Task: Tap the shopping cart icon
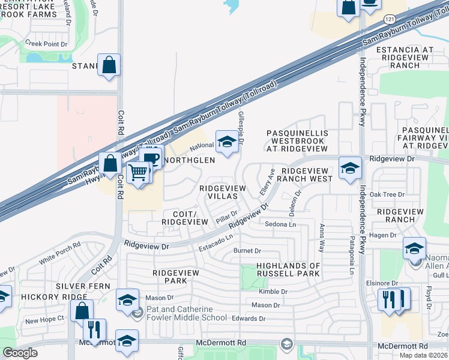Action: tap(139, 173)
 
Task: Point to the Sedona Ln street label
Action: tap(281, 224)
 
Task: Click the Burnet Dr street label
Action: tap(247, 251)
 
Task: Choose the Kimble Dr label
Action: tap(274, 291)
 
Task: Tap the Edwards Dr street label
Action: tap(249, 319)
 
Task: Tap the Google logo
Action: tap(20, 353)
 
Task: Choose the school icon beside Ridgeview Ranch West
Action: tap(349, 168)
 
